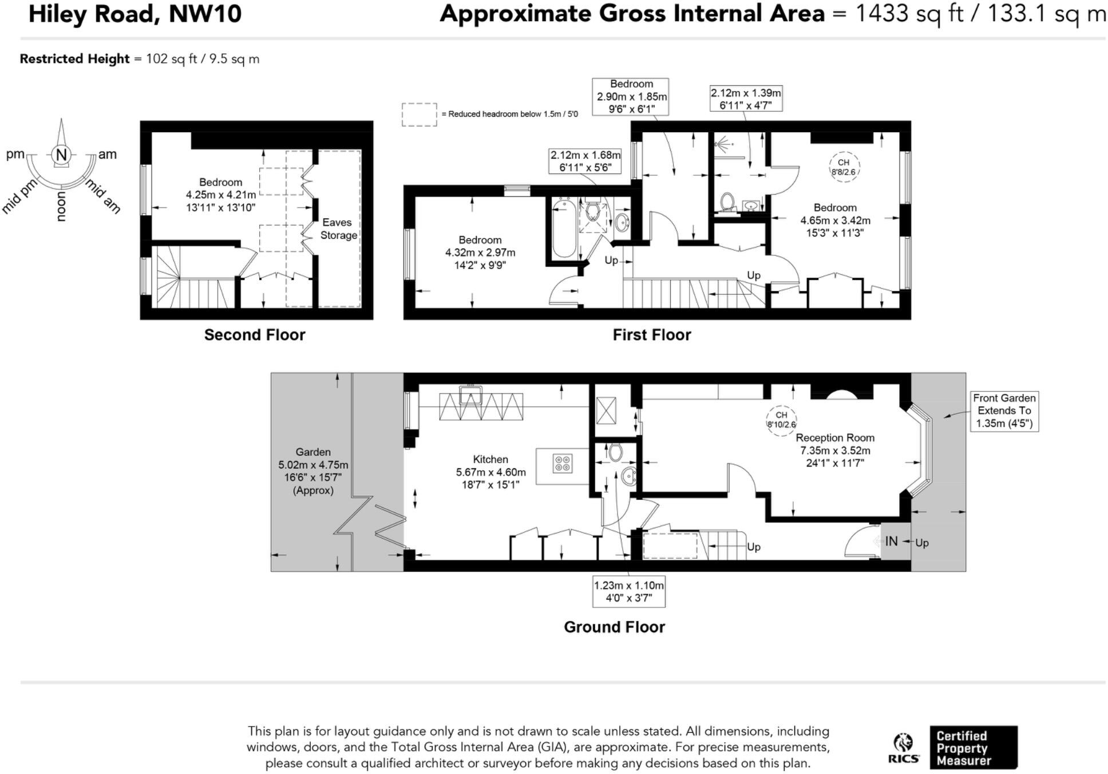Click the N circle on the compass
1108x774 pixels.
point(61,155)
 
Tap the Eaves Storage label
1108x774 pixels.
point(338,228)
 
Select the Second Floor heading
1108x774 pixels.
point(255,335)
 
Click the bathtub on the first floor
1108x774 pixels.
point(564,228)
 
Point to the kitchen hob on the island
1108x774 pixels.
point(563,463)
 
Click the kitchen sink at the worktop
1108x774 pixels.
point(470,395)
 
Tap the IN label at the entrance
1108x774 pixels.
point(891,541)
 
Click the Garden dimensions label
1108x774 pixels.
point(313,471)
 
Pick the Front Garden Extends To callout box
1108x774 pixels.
point(1004,411)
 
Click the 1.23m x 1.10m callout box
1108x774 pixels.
point(628,591)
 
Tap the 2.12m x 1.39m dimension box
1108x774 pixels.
point(745,98)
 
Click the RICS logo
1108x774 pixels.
point(904,748)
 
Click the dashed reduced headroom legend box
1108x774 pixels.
point(419,114)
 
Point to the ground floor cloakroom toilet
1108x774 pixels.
point(615,452)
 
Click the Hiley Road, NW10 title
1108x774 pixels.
point(135,14)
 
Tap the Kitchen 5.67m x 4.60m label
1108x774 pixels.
point(490,472)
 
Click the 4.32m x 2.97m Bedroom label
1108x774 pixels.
point(480,252)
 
